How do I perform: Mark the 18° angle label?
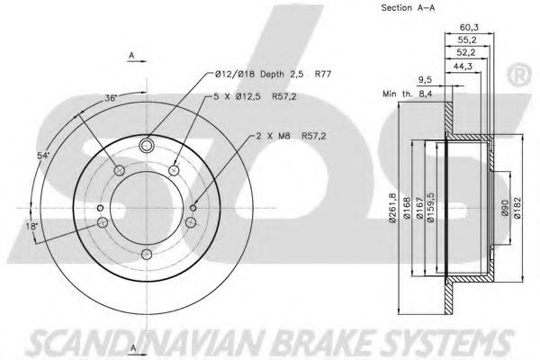[x=31, y=226]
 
